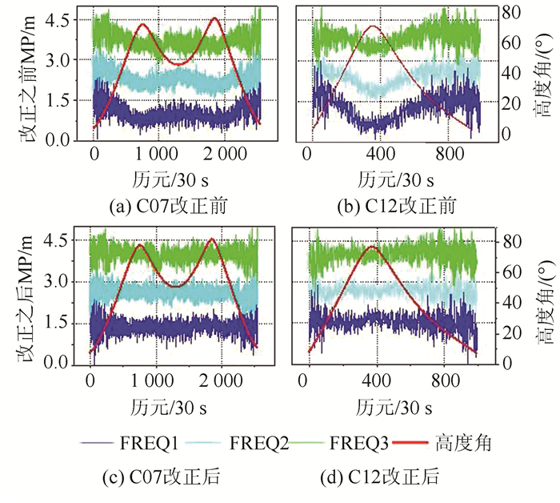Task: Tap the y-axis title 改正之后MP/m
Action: [32, 300]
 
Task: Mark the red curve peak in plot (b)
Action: [372, 26]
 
